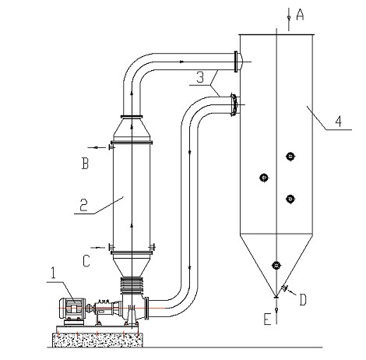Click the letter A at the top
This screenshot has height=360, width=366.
pos(300,14)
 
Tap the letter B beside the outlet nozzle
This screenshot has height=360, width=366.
pos(85,164)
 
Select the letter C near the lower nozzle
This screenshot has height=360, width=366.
pos(86,261)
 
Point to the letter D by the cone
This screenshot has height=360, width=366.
pos(303,300)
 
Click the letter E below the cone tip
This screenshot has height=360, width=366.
pos(267,319)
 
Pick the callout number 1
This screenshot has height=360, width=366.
pos(53,273)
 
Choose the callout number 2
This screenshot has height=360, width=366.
pos(84,205)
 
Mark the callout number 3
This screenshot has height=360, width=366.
pos(200,77)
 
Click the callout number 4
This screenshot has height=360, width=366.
pos(338,122)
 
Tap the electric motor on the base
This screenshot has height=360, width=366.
pos(72,310)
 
